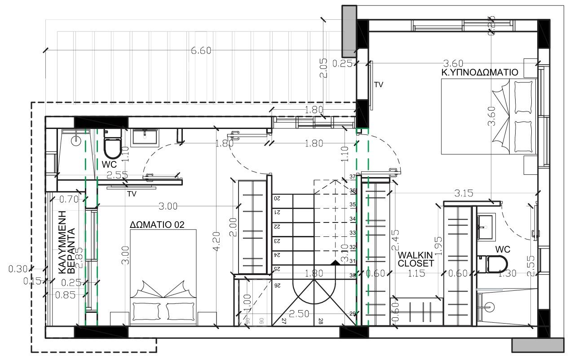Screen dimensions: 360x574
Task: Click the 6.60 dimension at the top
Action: [x=201, y=50]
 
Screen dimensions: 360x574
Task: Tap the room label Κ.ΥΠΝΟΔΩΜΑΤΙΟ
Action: [x=480, y=72]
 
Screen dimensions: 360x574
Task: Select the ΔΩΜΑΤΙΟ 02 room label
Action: [x=157, y=224]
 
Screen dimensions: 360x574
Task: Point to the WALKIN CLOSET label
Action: [x=415, y=259]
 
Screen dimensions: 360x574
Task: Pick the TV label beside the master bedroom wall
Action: [x=379, y=84]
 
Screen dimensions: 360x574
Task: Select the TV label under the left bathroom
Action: [x=132, y=194]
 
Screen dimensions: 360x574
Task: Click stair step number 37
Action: [x=353, y=177]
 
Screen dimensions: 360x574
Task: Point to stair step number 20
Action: [x=277, y=198]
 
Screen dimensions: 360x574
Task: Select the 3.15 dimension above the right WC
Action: [x=464, y=194]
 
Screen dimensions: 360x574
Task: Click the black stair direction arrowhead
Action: [x=334, y=262]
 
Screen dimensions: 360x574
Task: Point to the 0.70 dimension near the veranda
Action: [x=69, y=198]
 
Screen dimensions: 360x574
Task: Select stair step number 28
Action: [x=321, y=321]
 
